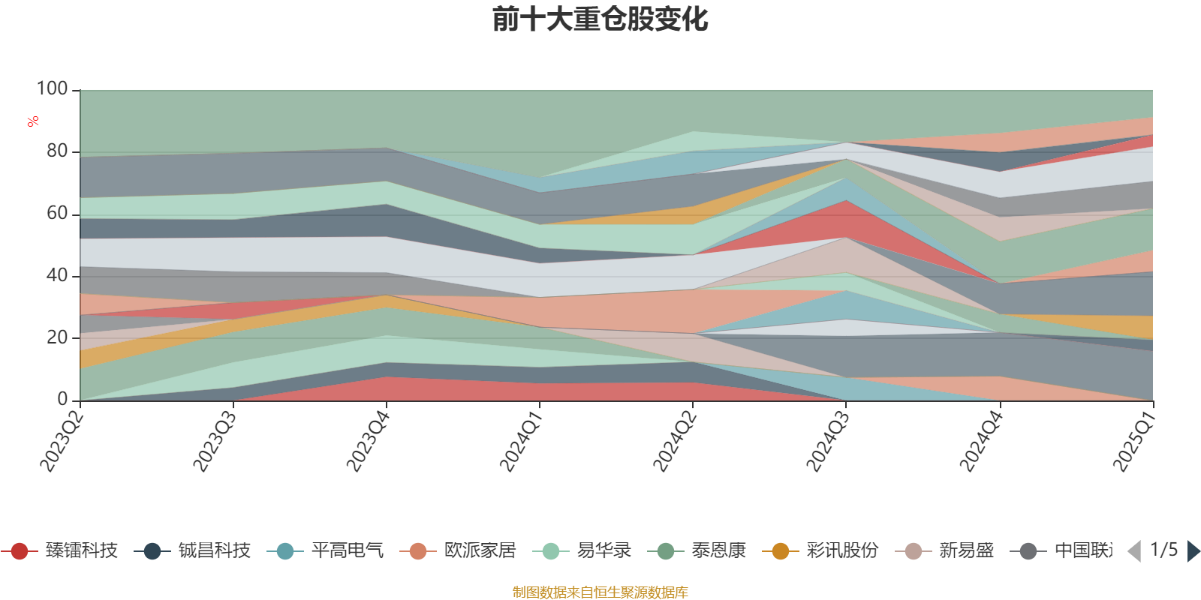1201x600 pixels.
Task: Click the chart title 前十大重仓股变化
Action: [600, 19]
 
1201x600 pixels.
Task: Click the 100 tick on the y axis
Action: [53, 88]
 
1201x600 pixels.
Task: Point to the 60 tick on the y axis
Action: [57, 213]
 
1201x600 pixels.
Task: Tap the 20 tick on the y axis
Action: [57, 337]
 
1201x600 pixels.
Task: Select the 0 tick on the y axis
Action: [62, 399]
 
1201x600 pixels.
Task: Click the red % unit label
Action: [33, 121]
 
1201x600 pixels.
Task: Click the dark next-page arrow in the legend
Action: [1193, 551]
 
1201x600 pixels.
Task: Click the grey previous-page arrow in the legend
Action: [1134, 551]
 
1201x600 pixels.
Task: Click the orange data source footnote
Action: [600, 592]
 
